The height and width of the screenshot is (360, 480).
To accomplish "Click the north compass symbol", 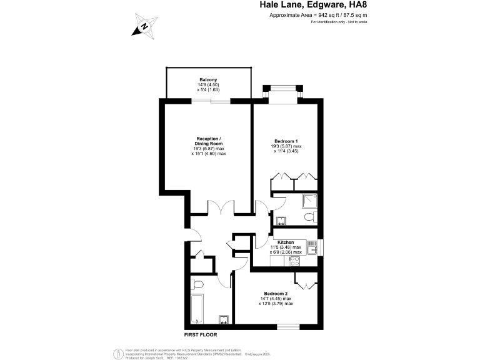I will (143, 26).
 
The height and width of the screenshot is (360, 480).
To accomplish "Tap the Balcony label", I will (208, 80).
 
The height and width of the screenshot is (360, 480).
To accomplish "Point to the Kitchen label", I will (286, 242).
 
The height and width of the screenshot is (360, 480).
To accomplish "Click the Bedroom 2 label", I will (276, 294).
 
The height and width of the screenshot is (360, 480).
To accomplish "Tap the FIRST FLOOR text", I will (200, 335).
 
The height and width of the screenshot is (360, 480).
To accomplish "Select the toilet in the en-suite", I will (307, 217).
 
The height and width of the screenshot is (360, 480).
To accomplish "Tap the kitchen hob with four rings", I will (292, 262).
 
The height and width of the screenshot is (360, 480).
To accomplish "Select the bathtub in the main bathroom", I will (198, 307).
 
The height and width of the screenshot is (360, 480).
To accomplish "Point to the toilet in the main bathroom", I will (197, 284).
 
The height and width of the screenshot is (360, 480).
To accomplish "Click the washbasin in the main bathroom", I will (222, 319).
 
